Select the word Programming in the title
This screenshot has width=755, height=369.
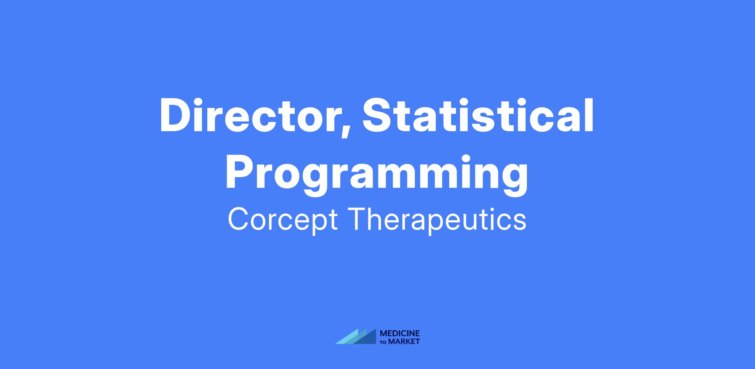tap(377, 175)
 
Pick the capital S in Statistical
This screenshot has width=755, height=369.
tap(378, 115)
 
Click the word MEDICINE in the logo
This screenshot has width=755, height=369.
tap(400, 333)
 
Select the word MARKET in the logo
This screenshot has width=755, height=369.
tap(404, 341)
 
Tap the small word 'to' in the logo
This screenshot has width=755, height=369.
tap(384, 342)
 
